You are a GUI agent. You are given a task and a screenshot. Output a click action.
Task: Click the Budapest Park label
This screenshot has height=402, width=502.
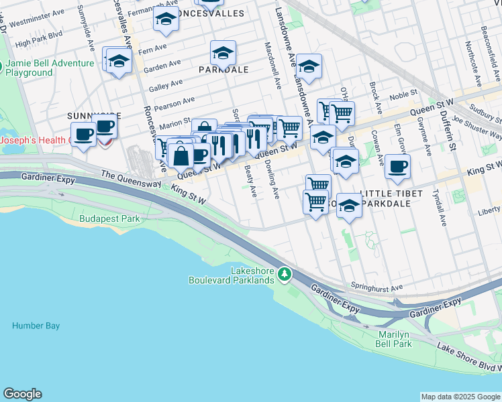[x=109, y=218]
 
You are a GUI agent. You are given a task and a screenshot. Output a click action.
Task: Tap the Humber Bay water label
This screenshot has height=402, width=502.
[x=36, y=326]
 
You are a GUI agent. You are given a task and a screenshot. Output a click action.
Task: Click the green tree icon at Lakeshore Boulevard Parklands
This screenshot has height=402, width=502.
[x=285, y=273]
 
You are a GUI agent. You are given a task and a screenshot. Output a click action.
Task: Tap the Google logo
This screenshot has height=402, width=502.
[x=22, y=394]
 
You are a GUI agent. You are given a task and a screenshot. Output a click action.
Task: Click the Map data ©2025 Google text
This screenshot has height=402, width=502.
[x=460, y=397]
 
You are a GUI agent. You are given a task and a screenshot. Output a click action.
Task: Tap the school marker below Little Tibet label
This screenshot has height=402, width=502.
[x=349, y=207]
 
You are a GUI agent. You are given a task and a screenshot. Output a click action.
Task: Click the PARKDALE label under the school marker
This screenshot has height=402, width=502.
[x=223, y=70]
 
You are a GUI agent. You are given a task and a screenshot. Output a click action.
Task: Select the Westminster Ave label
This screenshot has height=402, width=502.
[x=40, y=19]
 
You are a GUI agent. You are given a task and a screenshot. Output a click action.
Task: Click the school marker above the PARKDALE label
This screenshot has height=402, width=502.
[x=223, y=52]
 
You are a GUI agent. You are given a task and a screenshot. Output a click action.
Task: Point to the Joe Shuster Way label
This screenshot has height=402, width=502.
[x=476, y=127]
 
